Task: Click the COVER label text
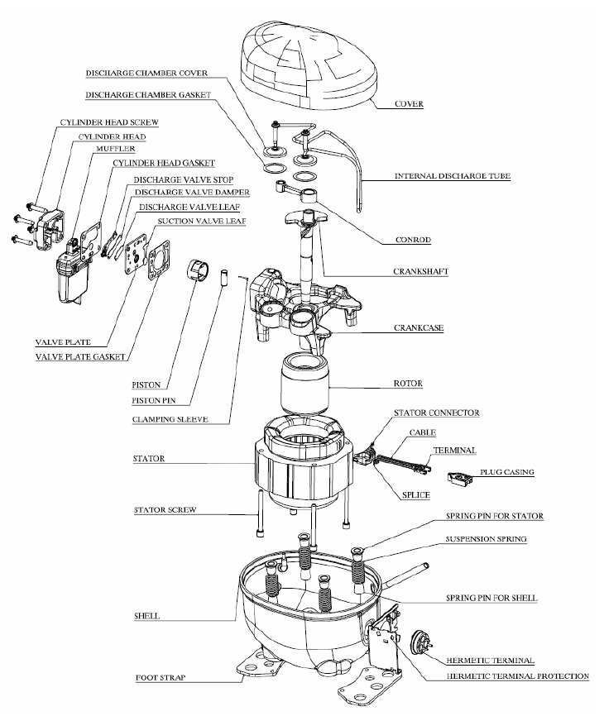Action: [x=410, y=105]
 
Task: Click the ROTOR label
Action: [x=409, y=384]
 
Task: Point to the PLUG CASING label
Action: [x=506, y=472]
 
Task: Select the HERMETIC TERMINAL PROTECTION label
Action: [x=506, y=676]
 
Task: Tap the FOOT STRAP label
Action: [x=161, y=678]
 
